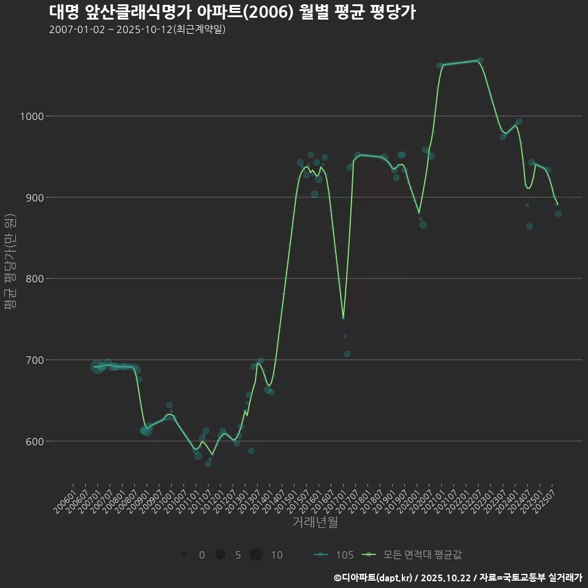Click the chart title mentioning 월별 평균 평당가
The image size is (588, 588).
click(x=232, y=12)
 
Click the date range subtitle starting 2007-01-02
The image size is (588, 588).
click(x=137, y=29)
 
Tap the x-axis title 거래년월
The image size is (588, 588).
click(x=315, y=522)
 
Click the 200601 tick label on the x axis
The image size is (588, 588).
click(x=65, y=499)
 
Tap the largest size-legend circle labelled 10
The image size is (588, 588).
click(x=256, y=555)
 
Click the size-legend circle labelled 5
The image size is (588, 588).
click(x=220, y=555)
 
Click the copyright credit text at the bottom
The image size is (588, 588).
click(x=458, y=577)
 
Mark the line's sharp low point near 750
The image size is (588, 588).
click(x=343, y=318)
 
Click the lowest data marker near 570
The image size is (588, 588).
click(x=208, y=464)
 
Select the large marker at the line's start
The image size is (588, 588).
click(x=97, y=367)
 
